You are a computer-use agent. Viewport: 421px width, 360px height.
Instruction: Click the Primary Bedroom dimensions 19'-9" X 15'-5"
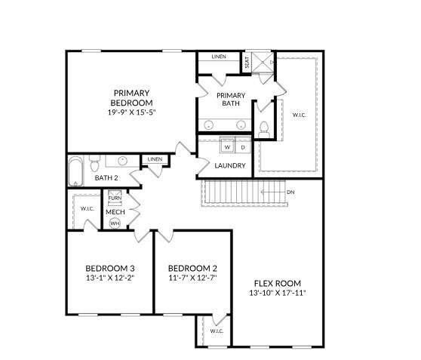click(x=132, y=112)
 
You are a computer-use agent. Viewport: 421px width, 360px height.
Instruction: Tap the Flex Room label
click(x=278, y=284)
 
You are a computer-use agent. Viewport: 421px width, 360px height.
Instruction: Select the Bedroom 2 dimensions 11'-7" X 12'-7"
click(x=193, y=278)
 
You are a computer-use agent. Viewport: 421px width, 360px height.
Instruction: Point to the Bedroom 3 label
click(x=110, y=269)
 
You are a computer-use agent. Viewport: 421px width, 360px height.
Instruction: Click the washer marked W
click(x=227, y=146)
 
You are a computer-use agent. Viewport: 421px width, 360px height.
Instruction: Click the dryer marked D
click(x=243, y=146)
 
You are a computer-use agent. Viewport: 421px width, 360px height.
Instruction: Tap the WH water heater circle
click(x=115, y=223)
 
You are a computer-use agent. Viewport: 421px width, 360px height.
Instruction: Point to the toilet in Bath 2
click(x=94, y=163)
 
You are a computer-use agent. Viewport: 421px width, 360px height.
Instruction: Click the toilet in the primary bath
click(x=264, y=129)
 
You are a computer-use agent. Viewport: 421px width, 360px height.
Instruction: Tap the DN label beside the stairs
click(x=290, y=192)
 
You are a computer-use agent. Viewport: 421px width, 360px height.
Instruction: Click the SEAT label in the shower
click(x=247, y=62)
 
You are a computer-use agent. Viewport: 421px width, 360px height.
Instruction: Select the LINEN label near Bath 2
click(x=155, y=159)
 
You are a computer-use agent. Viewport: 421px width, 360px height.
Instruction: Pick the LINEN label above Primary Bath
click(x=219, y=57)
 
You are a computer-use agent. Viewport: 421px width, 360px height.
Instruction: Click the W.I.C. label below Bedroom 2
click(x=217, y=331)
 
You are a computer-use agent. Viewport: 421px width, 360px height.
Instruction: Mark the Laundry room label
click(x=230, y=165)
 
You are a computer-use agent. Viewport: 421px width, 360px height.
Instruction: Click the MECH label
click(x=115, y=212)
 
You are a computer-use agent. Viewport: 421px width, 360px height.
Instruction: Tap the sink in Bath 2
click(x=122, y=161)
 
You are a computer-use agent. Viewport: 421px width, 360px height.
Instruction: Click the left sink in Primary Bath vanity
click(x=208, y=125)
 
